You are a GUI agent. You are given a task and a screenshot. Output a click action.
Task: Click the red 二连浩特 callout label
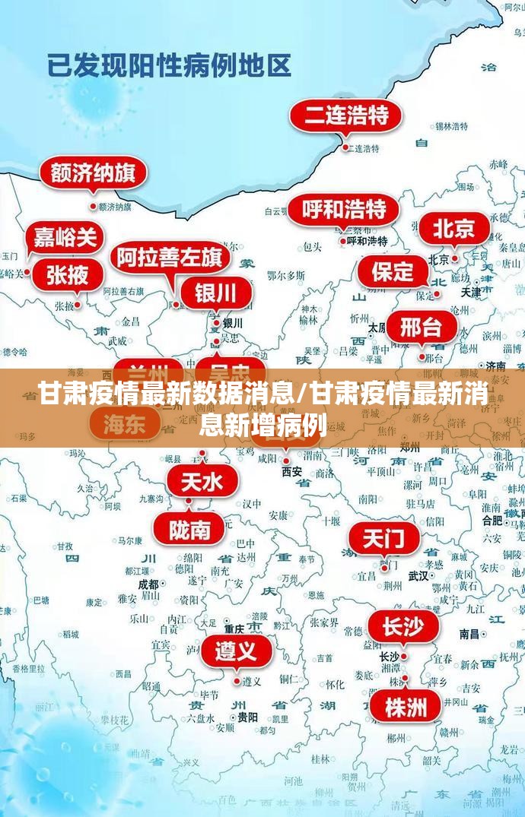[346, 116]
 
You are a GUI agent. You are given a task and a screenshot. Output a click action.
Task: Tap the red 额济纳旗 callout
[93, 174]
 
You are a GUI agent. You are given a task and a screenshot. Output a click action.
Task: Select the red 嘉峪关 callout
[65, 238]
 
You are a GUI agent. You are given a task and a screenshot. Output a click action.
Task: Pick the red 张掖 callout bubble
[68, 275]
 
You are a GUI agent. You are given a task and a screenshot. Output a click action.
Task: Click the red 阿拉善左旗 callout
[170, 258]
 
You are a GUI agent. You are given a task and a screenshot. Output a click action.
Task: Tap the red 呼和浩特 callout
[343, 209]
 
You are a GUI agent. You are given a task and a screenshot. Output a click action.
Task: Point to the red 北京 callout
[454, 228]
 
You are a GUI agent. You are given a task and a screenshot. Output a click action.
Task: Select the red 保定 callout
[393, 271]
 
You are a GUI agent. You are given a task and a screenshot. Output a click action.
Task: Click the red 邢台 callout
[422, 328]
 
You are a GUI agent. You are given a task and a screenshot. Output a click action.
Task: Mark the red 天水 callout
[202, 481]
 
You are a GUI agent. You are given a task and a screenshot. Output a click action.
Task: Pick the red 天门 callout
[384, 540]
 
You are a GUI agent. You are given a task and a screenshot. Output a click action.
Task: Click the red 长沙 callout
[403, 628]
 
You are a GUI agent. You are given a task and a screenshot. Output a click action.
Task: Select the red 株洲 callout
[406, 708]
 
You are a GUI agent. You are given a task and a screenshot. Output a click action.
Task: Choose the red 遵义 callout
[237, 651]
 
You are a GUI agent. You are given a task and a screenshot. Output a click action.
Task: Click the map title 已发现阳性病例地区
[169, 65]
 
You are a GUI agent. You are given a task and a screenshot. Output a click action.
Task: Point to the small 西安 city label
[292, 472]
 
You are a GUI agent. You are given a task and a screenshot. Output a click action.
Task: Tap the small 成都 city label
[148, 584]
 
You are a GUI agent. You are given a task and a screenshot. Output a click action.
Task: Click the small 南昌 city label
[469, 633]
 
